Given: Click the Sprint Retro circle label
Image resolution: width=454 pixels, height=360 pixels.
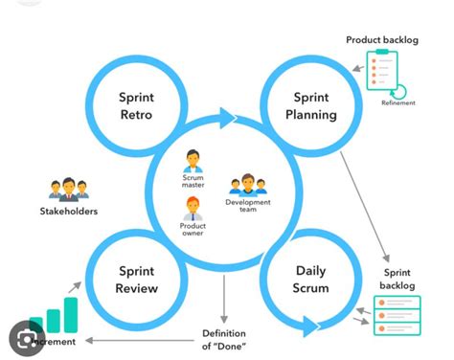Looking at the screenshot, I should tap(136, 106).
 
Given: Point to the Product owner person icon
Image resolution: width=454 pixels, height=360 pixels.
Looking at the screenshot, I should tap(193, 208).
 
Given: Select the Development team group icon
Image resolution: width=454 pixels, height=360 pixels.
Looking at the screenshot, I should tap(247, 185).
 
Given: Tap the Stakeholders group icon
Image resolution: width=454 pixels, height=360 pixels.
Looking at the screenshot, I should tap(68, 188).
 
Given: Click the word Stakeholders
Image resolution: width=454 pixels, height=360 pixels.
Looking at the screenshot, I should tap(68, 211).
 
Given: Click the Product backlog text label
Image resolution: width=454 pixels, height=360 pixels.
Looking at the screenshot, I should tap(382, 40).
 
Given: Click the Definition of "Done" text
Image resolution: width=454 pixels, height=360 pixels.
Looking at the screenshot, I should tap(224, 338).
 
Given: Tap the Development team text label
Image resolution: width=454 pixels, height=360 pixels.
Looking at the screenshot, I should tap(247, 207).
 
